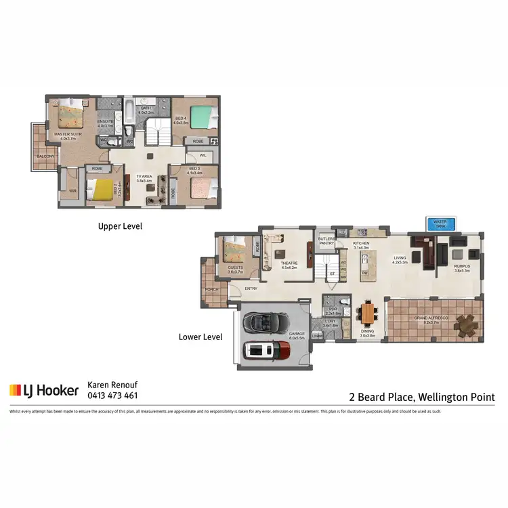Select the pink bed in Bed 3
pos(200,186)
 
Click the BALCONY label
pos(45,156)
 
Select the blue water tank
pos(440,224)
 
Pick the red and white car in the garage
pos(267,350)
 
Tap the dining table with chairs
pos(367,313)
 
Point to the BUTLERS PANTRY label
pos(327,240)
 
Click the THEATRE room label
pos(289,263)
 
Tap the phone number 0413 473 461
pos(113,396)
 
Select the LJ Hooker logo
pos(44,390)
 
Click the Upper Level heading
pos(120,226)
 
